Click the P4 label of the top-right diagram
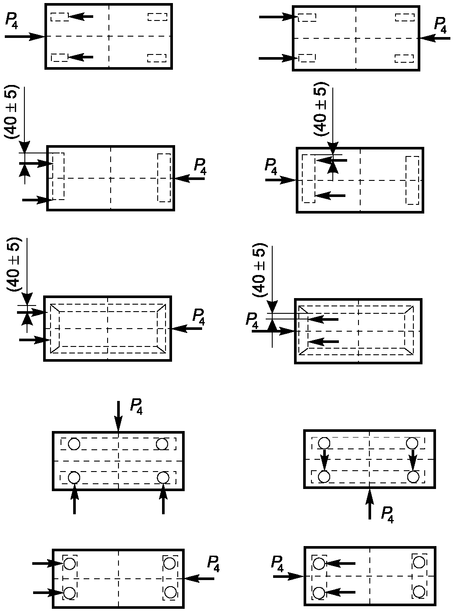click(440, 25)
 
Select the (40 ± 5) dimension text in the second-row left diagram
click(13, 112)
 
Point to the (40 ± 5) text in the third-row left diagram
click(14, 265)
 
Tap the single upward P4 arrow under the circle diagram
click(370, 504)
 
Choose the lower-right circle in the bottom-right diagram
click(419, 591)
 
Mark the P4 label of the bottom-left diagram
click(213, 563)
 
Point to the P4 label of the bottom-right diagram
click(277, 563)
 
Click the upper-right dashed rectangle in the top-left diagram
click(157, 17)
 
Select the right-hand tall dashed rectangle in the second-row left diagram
click(164, 177)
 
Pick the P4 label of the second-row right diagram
click(271, 166)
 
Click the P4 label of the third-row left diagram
click(199, 317)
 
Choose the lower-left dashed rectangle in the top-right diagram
click(307, 58)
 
